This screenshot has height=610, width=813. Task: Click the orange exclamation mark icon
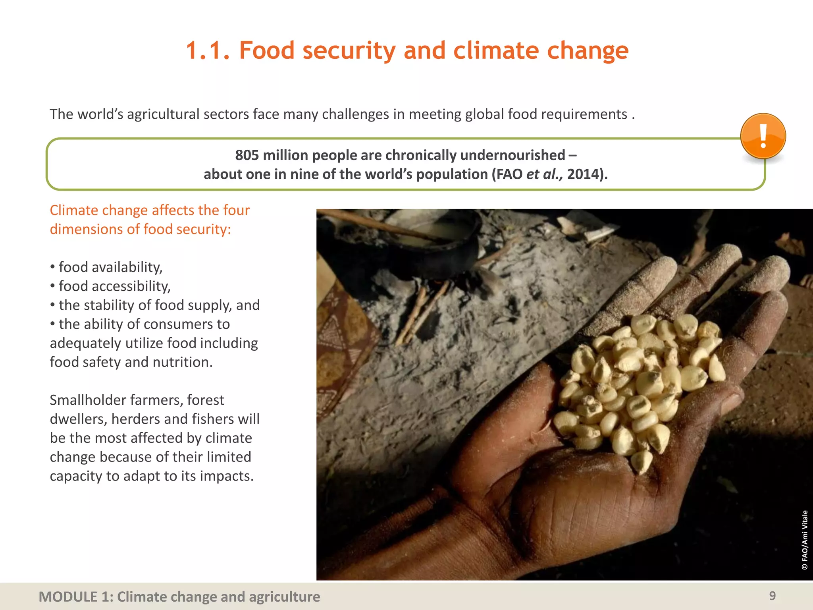763,136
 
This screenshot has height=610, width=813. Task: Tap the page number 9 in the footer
772,596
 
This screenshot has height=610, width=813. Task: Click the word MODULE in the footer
68,597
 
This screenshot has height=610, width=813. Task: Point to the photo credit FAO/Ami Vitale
804,540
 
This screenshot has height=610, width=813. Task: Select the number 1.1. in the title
208,51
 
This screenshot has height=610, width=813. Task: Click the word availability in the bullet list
127,267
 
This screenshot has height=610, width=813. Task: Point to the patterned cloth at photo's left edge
341,342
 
